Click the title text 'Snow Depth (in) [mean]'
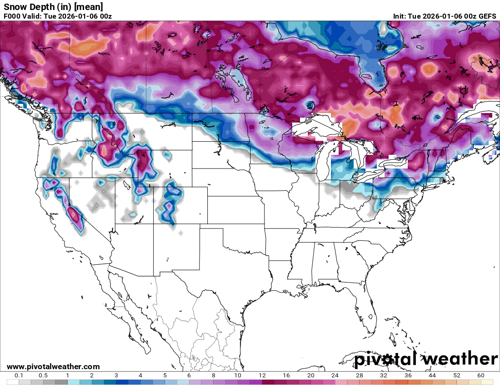(x=53, y=7)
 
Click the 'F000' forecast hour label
(x=12, y=16)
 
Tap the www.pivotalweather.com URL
(x=53, y=366)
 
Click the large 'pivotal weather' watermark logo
(x=426, y=359)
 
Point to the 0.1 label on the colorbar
(x=19, y=376)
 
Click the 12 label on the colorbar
(x=262, y=376)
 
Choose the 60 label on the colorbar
(x=481, y=376)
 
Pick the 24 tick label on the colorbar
(x=335, y=376)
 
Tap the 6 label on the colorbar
(x=189, y=376)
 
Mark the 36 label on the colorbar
(x=408, y=376)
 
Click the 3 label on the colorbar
(x=116, y=376)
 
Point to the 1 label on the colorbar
(x=68, y=376)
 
